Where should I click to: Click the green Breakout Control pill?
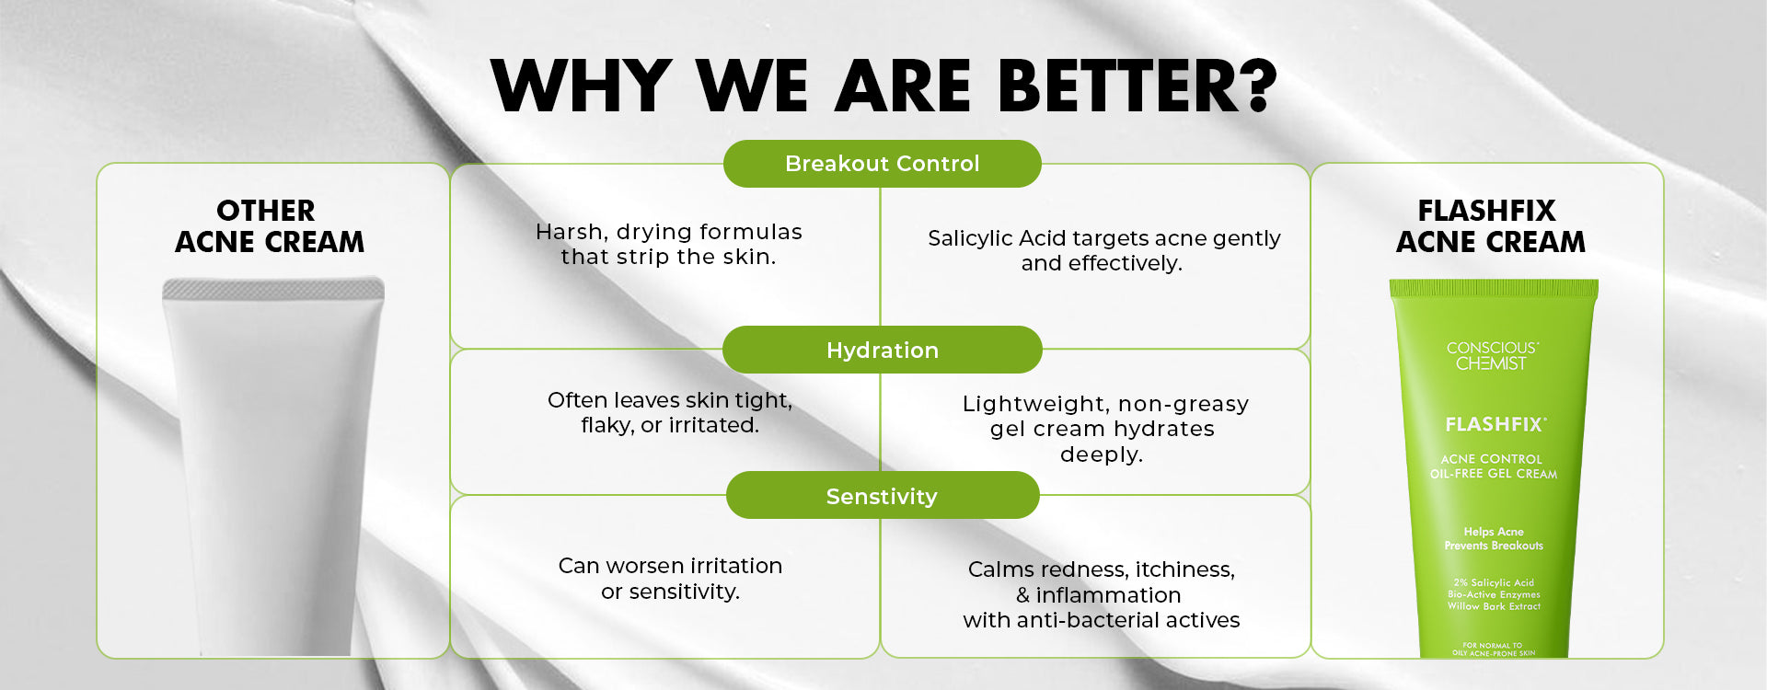click(882, 164)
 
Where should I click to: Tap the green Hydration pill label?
click(882, 350)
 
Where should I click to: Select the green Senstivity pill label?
click(882, 496)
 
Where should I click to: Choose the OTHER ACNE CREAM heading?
click(269, 225)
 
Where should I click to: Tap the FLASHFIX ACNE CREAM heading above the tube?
click(1490, 225)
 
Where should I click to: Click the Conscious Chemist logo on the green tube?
click(1492, 356)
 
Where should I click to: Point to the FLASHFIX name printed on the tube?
click(1495, 424)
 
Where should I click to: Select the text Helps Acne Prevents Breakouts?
click(1494, 538)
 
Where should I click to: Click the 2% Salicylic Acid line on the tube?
click(1494, 582)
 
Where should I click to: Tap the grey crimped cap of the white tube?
click(273, 289)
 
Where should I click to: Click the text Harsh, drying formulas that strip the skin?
click(669, 244)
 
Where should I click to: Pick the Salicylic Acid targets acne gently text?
click(1103, 250)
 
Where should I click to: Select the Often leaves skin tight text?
click(670, 412)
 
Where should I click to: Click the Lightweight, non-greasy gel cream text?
click(1104, 429)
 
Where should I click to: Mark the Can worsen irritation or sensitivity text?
click(670, 578)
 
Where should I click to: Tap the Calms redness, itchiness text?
click(1102, 594)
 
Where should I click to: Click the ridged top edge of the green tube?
click(1494, 288)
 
